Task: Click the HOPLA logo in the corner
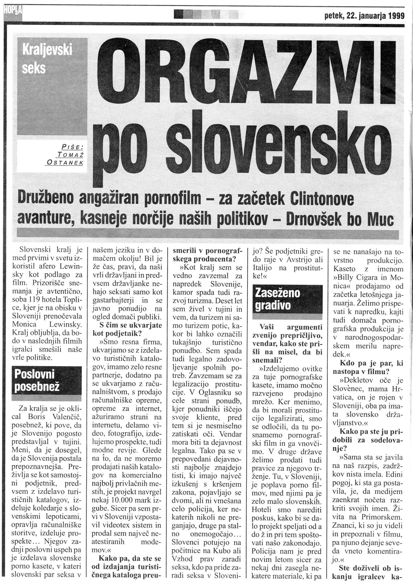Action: pos(11,14)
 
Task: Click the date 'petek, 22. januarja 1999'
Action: pos(365,15)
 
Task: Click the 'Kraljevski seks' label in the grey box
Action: pos(47,59)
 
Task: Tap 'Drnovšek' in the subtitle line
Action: pos(315,220)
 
